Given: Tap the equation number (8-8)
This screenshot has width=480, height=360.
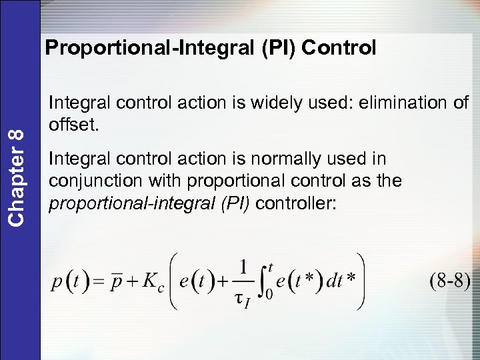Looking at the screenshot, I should click(x=449, y=280).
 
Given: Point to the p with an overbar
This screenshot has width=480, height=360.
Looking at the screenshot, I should click(x=117, y=281).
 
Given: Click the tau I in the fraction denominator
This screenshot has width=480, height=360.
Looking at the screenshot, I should click(x=242, y=299).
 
